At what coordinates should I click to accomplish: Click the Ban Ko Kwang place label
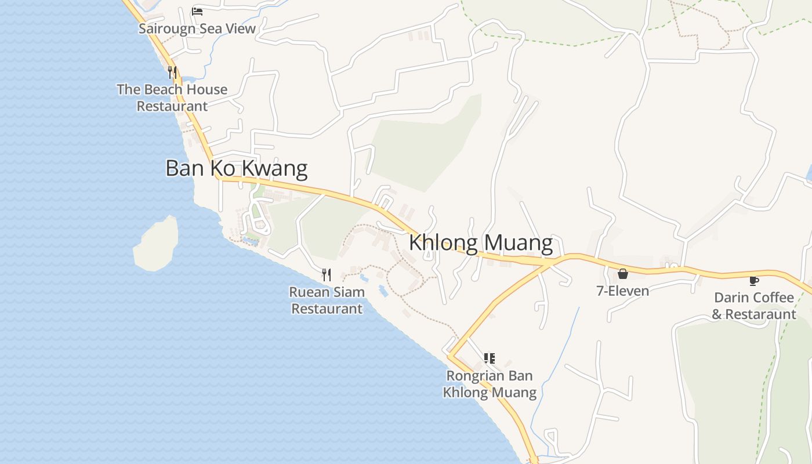pos(236,168)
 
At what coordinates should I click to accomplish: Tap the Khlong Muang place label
pos(481,242)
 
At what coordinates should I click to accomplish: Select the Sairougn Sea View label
pos(197,28)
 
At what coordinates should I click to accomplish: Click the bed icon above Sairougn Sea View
pos(197,11)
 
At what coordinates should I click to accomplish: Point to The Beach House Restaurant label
pos(172,97)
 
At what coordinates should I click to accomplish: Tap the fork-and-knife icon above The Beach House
pos(172,72)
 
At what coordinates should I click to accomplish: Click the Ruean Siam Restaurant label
pos(327,300)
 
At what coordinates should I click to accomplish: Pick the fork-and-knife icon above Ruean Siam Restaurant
pos(327,274)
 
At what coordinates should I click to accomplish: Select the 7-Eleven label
pos(622,291)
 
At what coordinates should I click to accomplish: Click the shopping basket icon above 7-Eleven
pos(622,274)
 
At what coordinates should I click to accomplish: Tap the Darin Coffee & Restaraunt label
pos(754,306)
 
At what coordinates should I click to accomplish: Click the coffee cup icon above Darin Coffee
pos(753,281)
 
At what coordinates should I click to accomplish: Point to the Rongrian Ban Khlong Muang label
pos(490,384)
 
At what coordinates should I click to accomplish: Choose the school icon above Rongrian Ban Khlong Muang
pos(489,358)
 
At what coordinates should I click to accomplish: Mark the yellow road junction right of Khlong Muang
pos(548,263)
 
